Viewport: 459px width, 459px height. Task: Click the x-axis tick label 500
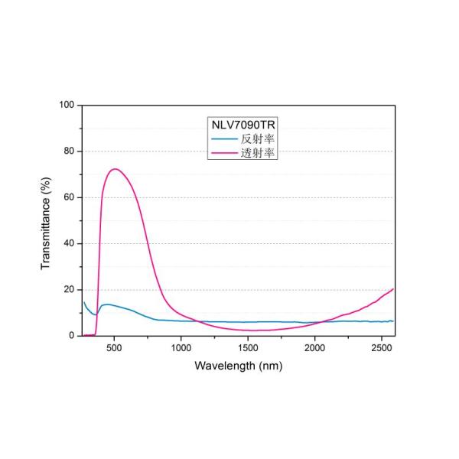pyautogui.click(x=114, y=347)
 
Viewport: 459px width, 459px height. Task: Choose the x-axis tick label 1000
pyautogui.click(x=181, y=347)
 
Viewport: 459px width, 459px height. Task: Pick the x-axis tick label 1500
pyautogui.click(x=248, y=347)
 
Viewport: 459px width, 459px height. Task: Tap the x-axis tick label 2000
pyautogui.click(x=315, y=347)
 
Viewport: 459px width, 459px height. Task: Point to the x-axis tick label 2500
pyautogui.click(x=382, y=347)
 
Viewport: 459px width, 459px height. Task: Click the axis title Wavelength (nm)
pyautogui.click(x=239, y=366)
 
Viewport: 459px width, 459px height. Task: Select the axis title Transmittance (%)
pyautogui.click(x=46, y=220)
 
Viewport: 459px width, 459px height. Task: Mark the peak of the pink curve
pyautogui.click(x=115, y=169)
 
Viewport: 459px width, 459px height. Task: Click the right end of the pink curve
pyautogui.click(x=393, y=289)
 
